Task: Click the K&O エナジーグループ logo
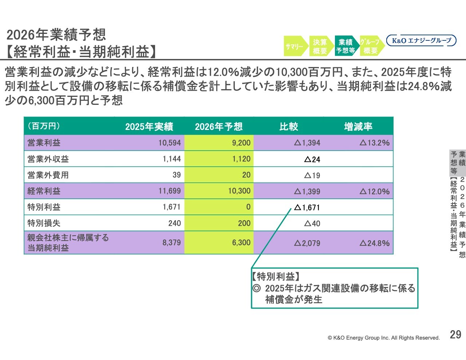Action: click(421, 40)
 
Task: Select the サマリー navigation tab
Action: click(295, 46)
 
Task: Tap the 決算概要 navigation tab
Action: click(320, 46)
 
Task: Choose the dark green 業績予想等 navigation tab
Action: click(345, 46)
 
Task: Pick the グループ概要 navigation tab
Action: click(370, 46)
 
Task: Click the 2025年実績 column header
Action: click(149, 127)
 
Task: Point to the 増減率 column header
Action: click(358, 127)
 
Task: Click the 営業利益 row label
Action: click(44, 143)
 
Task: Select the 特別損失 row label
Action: click(44, 223)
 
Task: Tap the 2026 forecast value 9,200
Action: click(241, 143)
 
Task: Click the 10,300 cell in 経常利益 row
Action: click(239, 191)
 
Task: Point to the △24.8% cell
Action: click(375, 243)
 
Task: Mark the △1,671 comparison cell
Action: click(307, 207)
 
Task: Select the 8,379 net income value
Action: click(171, 242)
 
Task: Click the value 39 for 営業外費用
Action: click(177, 175)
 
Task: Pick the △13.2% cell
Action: click(375, 143)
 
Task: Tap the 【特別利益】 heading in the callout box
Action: click(276, 276)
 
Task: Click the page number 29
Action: click(455, 335)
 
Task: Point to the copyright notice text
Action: click(384, 338)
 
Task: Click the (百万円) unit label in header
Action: click(44, 126)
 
